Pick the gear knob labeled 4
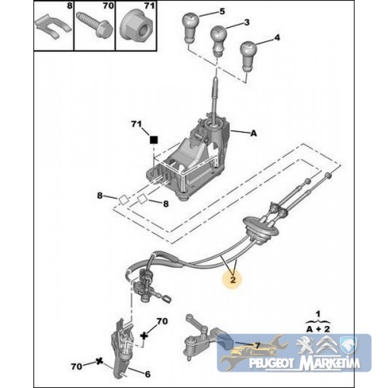pyautogui.click(x=248, y=56)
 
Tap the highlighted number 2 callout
pyautogui.click(x=233, y=279)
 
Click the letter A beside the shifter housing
pyautogui.click(x=254, y=133)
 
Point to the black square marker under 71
pyautogui.click(x=154, y=140)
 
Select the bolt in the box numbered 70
pyautogui.click(x=95, y=25)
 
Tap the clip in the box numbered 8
pyautogui.click(x=54, y=29)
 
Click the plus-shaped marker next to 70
pyautogui.click(x=144, y=335)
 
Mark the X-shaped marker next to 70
pyautogui.click(x=99, y=361)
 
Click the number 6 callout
pyautogui.click(x=147, y=374)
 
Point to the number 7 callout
pyautogui.click(x=257, y=345)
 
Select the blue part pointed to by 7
pyautogui.click(x=226, y=341)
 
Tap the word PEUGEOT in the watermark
pyautogui.click(x=272, y=363)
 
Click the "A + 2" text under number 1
pyautogui.click(x=318, y=329)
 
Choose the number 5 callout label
pyautogui.click(x=222, y=12)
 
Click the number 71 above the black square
pyautogui.click(x=137, y=124)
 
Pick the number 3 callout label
pyautogui.click(x=247, y=23)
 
